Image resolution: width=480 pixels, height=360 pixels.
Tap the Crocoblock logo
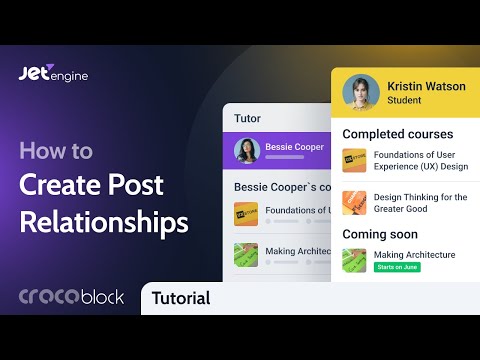72,297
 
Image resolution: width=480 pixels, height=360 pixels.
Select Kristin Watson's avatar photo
360,92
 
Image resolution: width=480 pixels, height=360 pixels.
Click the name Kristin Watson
425,86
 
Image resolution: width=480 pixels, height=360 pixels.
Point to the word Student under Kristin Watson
404,101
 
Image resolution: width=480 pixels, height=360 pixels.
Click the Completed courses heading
397,134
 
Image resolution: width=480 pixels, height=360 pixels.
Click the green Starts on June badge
397,268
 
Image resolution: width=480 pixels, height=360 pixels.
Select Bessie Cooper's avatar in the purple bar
247,150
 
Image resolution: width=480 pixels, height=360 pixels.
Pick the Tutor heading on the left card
247,118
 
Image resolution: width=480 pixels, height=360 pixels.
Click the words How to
56,152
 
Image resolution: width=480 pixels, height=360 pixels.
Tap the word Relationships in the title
103,221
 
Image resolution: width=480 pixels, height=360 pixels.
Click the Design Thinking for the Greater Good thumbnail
354,203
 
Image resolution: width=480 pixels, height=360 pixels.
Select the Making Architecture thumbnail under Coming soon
354,260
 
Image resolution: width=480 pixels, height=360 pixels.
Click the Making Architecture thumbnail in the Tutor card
246,254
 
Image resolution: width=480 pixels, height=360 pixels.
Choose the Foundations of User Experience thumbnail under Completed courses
354,161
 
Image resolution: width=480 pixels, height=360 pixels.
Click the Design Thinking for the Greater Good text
420,203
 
